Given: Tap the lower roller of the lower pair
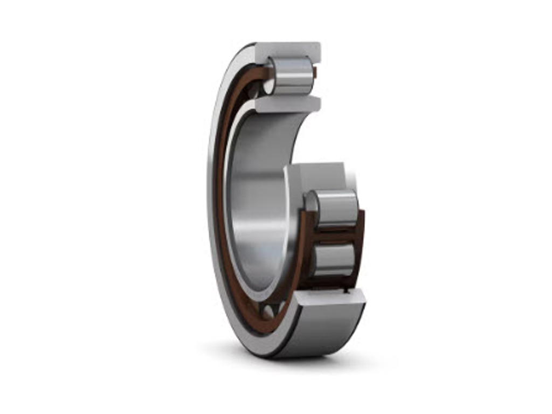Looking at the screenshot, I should (334, 259).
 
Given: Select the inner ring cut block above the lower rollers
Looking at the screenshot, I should (318, 175).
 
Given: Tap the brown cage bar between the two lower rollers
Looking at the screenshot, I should (334, 233).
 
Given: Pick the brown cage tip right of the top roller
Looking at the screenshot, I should (315, 72).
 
